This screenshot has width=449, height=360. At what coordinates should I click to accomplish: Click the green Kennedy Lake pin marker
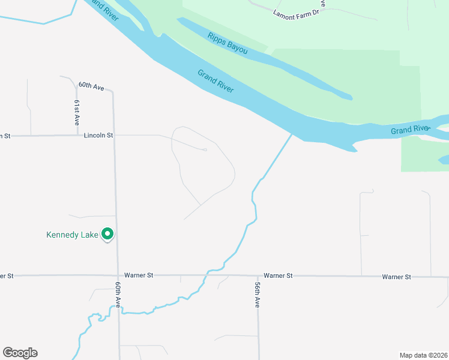pyautogui.click(x=107, y=233)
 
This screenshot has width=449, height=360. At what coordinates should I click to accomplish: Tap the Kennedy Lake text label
pyautogui.click(x=72, y=235)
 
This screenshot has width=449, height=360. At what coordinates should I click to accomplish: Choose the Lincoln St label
pyautogui.click(x=98, y=136)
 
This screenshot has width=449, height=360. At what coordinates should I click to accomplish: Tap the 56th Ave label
pyautogui.click(x=257, y=295)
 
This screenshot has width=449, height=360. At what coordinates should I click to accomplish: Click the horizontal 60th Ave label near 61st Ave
pyautogui.click(x=91, y=86)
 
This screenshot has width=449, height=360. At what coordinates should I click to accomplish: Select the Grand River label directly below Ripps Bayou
pyautogui.click(x=215, y=81)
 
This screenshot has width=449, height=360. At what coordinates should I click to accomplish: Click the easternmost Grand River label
pyautogui.click(x=410, y=130)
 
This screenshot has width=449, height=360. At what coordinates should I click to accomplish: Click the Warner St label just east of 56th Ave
pyautogui.click(x=278, y=275)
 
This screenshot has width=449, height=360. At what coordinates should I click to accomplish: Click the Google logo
pyautogui.click(x=20, y=353)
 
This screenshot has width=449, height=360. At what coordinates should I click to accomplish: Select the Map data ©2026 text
pyautogui.click(x=423, y=355)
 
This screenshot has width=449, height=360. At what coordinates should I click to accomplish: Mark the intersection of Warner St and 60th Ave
pyautogui.click(x=118, y=275)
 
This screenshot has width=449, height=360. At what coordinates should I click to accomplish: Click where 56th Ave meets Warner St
pyautogui.click(x=258, y=276)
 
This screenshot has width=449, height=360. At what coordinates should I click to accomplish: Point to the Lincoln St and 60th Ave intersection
pyautogui.click(x=116, y=136)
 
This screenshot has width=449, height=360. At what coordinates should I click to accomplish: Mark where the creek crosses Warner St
pyautogui.click(x=208, y=275)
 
